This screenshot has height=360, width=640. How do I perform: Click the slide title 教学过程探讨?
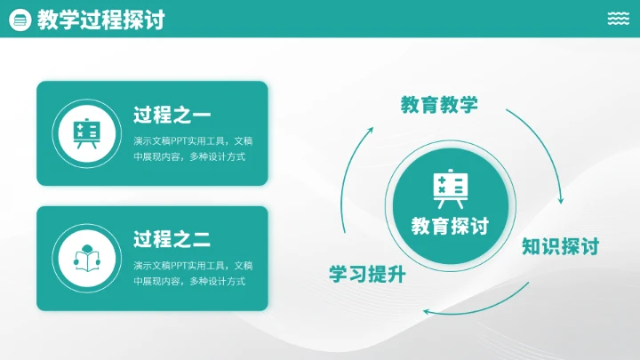point(100,20)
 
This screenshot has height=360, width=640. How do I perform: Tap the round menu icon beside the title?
point(20,20)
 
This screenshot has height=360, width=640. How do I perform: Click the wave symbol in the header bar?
point(619,19)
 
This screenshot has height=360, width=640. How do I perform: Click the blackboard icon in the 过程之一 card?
point(86,133)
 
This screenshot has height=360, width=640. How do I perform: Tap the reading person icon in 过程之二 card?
point(86,258)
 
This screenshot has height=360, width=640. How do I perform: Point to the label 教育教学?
point(439,105)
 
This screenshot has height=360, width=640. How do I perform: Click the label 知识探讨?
point(560,246)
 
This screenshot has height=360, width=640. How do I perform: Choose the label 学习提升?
point(367,274)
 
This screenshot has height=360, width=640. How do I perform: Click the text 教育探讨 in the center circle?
point(450,226)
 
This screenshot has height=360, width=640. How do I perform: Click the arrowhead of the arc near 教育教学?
point(371,130)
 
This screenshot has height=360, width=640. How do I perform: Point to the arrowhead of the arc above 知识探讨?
point(560,200)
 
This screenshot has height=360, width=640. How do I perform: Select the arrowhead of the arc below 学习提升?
point(427,311)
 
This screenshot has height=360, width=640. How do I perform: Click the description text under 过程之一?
point(193,148)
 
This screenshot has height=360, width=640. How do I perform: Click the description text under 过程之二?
point(193,273)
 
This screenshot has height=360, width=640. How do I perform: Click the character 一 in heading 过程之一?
point(201,116)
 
